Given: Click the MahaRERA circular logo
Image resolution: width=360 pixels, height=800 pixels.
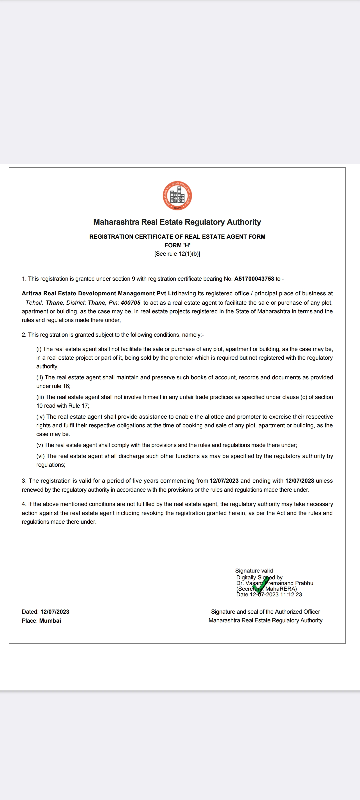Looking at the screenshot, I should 177,196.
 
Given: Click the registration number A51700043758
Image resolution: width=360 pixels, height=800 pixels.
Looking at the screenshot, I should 254,279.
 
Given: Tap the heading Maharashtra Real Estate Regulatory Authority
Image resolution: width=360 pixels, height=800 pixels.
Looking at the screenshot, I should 177,222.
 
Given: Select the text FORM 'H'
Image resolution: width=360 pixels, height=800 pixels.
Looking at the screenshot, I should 177,245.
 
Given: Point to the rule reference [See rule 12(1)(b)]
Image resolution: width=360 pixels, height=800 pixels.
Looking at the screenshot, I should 177,254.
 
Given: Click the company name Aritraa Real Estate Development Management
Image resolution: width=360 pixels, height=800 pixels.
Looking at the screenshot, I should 99,293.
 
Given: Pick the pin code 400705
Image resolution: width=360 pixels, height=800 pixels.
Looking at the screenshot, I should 131,303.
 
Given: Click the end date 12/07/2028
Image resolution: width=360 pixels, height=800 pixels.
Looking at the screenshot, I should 300,481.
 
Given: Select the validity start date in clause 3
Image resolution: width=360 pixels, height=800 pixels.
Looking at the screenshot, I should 224,481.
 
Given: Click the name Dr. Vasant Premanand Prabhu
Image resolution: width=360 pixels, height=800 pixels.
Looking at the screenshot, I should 275,583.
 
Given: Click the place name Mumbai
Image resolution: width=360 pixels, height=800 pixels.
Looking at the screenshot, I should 50,621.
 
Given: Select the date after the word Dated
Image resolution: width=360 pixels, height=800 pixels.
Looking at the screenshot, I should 55,612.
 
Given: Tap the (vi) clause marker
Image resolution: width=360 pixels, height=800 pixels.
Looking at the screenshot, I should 41,456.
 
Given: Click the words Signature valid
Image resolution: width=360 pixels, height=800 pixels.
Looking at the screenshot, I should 254,571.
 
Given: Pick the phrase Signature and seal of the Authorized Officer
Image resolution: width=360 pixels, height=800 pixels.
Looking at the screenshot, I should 265,612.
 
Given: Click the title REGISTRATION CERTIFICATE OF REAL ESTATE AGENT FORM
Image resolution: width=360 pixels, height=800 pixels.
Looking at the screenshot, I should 177,237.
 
